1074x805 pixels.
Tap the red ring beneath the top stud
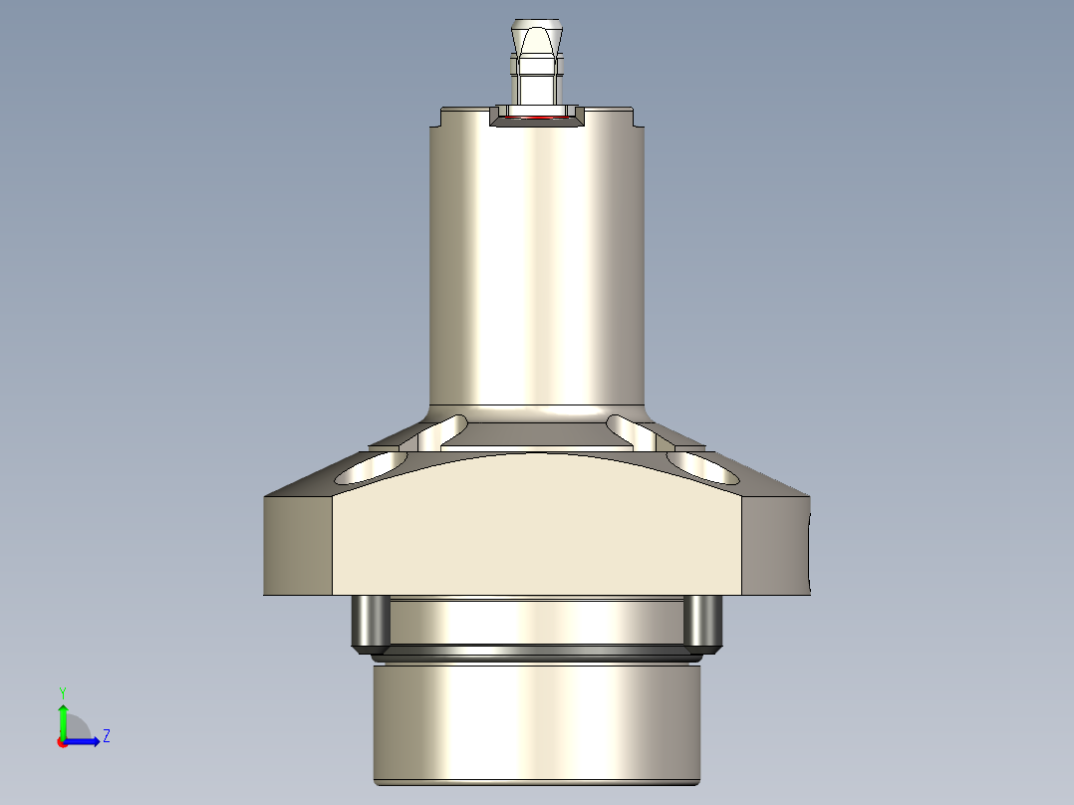coord(538,118)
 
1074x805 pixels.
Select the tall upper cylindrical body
coord(538,259)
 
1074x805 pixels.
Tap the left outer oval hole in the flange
coord(372,466)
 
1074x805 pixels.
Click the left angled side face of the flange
coord(298,545)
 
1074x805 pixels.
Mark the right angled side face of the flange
coord(776,545)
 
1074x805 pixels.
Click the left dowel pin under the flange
coord(370,623)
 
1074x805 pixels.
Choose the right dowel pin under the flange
coord(703,623)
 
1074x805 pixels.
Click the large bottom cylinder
coord(538,722)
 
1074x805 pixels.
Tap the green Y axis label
coord(63,691)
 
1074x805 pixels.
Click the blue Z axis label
coord(106,736)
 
